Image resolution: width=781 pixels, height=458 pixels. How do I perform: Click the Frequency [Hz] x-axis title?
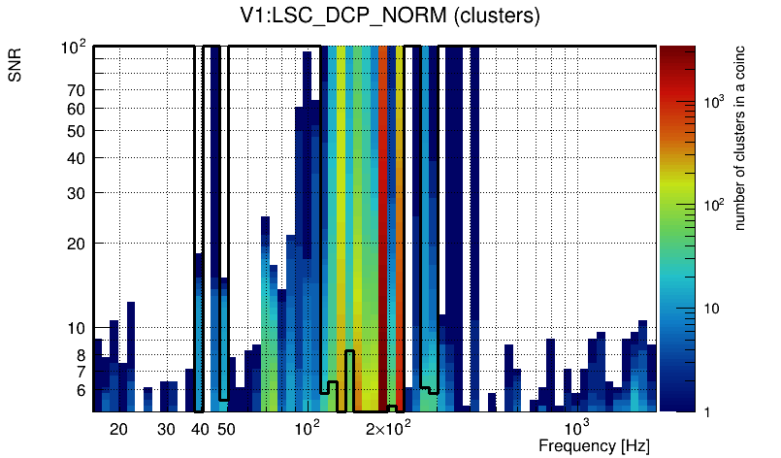click(594, 446)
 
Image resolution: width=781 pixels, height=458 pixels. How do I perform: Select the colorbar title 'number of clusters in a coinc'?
click(739, 139)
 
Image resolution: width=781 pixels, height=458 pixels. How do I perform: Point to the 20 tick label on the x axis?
click(118, 429)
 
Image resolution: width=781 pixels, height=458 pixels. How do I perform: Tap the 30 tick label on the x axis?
click(166, 429)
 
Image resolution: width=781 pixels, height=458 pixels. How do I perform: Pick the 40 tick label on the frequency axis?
click(200, 429)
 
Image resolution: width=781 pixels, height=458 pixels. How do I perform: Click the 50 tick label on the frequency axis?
click(226, 429)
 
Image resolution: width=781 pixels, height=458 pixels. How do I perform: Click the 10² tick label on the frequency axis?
click(307, 428)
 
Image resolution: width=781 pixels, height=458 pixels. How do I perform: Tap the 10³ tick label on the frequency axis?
click(576, 428)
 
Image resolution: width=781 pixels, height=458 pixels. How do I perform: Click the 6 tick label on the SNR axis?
click(81, 390)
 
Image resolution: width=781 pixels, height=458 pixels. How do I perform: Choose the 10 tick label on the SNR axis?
click(78, 328)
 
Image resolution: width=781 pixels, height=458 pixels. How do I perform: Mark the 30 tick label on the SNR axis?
click(78, 193)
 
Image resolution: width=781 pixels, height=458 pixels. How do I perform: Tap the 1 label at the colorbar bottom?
click(706, 411)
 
